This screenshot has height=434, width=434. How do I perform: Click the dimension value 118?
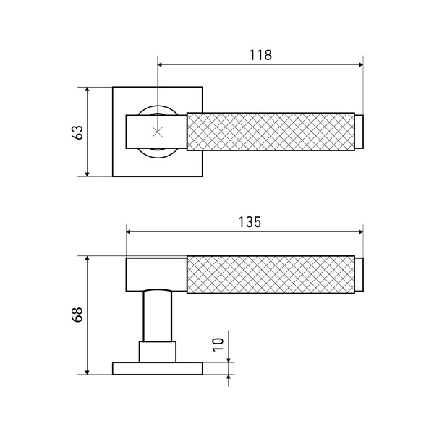point(260,55)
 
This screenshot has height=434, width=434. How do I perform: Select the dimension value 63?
point(77,132)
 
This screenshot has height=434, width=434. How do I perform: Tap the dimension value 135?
point(250,222)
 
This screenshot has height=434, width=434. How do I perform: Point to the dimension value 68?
point(77,315)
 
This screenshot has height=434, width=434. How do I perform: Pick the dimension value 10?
point(218,344)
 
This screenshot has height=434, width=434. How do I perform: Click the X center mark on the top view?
point(158,132)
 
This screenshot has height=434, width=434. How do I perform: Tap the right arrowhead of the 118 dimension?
point(361,65)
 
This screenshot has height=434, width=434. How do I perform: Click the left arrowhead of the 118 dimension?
point(160,65)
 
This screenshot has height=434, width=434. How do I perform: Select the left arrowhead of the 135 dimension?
point(129,232)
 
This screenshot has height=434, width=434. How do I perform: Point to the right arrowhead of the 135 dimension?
point(361,232)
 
